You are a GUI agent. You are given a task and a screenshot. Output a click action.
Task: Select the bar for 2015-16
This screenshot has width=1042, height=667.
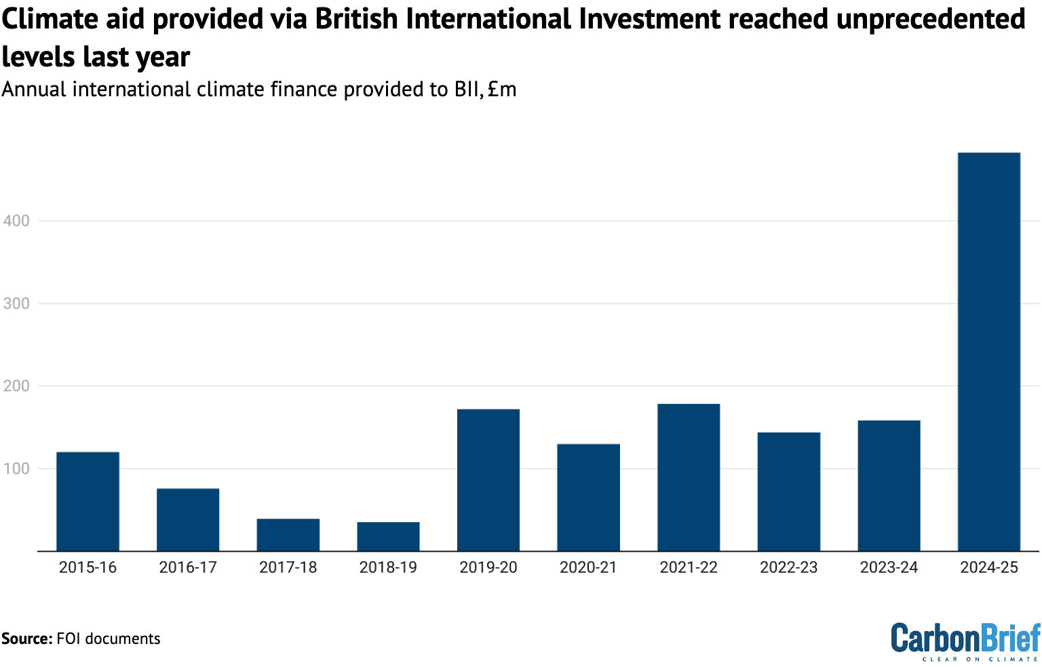[x=88, y=501]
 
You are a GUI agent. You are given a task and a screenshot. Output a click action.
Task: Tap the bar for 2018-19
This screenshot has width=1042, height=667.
[x=388, y=536]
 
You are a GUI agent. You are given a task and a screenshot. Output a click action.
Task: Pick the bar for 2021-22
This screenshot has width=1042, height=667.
[x=689, y=477]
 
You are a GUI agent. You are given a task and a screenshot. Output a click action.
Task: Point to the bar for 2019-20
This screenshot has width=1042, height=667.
[x=488, y=480]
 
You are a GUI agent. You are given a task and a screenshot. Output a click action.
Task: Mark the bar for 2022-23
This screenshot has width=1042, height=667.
[x=789, y=491]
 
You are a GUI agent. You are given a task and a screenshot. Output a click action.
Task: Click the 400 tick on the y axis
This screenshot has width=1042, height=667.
[x=16, y=221]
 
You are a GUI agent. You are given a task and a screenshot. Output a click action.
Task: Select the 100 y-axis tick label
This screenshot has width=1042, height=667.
[x=16, y=469]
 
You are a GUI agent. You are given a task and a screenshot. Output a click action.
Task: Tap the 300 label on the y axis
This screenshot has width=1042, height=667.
[x=16, y=304]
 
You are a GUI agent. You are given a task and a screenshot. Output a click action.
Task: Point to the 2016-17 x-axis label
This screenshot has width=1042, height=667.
[x=188, y=567]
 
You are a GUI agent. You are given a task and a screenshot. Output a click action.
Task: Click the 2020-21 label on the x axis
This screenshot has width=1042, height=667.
[x=588, y=567]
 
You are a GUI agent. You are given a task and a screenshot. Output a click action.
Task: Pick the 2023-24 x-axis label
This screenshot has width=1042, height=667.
[x=889, y=567]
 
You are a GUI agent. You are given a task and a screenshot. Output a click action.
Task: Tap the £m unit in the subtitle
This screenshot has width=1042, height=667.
[x=502, y=89]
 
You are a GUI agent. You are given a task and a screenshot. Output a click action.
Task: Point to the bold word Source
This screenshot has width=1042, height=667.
[x=26, y=639]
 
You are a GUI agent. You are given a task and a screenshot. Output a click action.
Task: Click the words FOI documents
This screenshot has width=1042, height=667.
[x=109, y=639]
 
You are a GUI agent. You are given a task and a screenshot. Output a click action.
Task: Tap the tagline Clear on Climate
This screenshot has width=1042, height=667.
[x=980, y=659]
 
